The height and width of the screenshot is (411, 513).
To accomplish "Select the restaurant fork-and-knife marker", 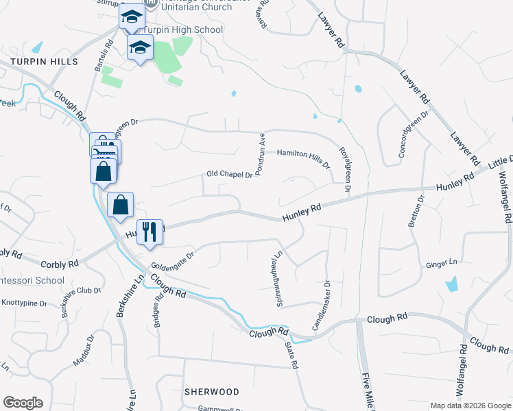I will (149, 232).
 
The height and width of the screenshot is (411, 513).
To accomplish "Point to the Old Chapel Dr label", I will (230, 175).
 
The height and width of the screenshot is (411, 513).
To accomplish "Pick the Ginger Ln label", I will (442, 263).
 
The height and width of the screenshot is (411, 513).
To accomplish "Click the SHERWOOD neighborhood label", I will (212, 392).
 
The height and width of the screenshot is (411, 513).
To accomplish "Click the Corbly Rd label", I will (61, 263).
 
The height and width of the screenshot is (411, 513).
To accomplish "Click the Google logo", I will (23, 403).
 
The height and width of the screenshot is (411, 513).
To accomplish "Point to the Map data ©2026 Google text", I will (470, 406).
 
